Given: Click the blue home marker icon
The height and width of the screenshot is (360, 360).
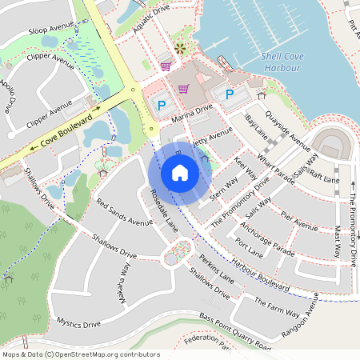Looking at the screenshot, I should pyautogui.click(x=180, y=173).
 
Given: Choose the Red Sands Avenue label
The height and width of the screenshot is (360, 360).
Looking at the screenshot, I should pyautogui.click(x=124, y=212).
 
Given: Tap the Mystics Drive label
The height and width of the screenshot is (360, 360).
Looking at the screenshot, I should pyautogui.click(x=78, y=323).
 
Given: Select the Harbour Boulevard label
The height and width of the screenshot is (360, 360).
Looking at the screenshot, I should pyautogui.click(x=261, y=274).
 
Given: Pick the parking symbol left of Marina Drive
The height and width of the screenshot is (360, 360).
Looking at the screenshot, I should pyautogui.click(x=160, y=105).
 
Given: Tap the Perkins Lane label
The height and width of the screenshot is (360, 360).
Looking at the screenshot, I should pyautogui.click(x=216, y=270).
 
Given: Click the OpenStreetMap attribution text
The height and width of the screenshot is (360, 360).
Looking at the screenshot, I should pyautogui.click(x=81, y=354).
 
